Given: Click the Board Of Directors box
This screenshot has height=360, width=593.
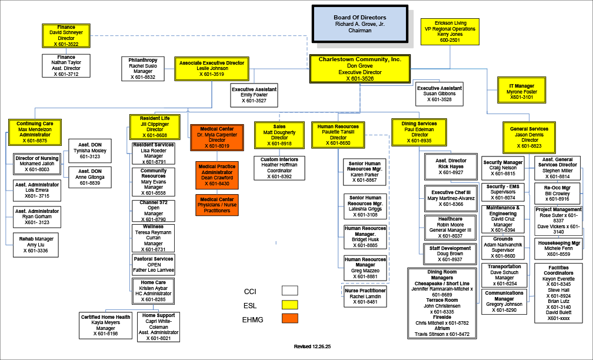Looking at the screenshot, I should tap(360, 24).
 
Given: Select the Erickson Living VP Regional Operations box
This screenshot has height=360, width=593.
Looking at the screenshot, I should tap(451, 32).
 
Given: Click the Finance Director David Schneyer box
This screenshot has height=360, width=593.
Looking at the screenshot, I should tap(66, 36).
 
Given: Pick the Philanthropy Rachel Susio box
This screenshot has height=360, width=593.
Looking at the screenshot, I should tap(143, 68).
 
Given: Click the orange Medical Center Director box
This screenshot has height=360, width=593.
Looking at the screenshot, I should tap(216, 138).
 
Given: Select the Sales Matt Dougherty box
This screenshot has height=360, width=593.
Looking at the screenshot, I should tap(279, 135).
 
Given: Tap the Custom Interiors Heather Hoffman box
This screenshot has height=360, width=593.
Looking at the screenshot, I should tap(279, 168).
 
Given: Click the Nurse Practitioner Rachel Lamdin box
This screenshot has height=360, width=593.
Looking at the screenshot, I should tap(365, 296).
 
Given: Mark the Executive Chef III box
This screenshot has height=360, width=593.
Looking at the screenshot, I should tap(451, 198).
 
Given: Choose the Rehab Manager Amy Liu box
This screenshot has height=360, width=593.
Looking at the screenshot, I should tap(36, 245).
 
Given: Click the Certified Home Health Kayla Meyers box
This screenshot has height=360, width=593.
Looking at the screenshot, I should tap(105, 325).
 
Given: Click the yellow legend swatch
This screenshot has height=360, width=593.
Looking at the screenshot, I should tap(290, 305).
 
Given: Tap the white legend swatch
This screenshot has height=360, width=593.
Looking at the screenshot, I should tap(290, 291).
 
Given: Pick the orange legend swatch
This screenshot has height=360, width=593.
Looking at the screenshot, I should tap(290, 318).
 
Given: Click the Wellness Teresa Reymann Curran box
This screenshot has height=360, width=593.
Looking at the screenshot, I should tap(153, 238).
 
